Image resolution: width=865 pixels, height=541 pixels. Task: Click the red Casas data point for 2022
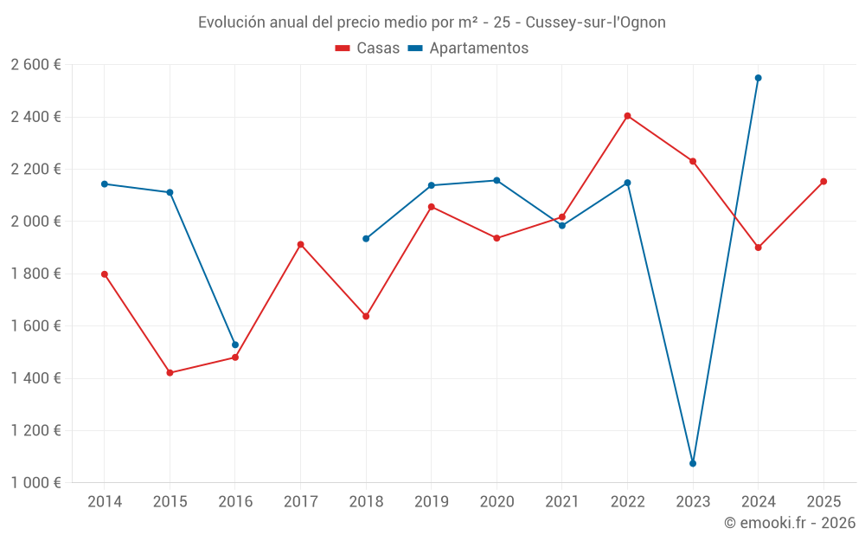click(x=628, y=116)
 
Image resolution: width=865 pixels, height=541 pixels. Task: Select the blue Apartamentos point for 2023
click(x=693, y=463)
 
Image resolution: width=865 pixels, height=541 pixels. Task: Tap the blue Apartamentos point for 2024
click(x=759, y=78)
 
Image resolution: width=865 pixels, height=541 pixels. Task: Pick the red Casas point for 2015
click(x=170, y=373)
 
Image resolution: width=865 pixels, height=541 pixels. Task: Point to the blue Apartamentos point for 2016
click(x=235, y=345)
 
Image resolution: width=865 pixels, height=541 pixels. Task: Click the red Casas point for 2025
click(x=823, y=182)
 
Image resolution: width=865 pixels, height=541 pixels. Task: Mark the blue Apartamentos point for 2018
click(x=366, y=239)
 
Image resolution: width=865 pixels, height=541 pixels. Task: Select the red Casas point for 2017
click(x=301, y=245)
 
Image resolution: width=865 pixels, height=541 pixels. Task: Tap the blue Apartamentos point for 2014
click(x=105, y=184)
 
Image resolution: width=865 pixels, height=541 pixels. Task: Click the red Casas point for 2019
click(x=432, y=207)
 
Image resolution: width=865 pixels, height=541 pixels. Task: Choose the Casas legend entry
click(x=368, y=48)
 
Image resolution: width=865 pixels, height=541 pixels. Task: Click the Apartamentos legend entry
click(x=468, y=48)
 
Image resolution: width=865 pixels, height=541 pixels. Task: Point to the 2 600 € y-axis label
click(x=35, y=65)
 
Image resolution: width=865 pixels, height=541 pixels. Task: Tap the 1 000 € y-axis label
click(x=35, y=483)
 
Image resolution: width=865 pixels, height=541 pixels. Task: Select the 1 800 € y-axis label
click(x=35, y=274)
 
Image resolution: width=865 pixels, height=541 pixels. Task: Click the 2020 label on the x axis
click(x=497, y=502)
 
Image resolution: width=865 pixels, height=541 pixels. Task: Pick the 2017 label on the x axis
click(x=301, y=502)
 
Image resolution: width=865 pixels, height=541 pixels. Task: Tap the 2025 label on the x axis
click(x=823, y=502)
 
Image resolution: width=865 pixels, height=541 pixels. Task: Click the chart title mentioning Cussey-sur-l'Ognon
click(x=432, y=23)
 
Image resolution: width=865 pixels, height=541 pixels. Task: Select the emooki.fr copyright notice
click(x=789, y=524)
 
